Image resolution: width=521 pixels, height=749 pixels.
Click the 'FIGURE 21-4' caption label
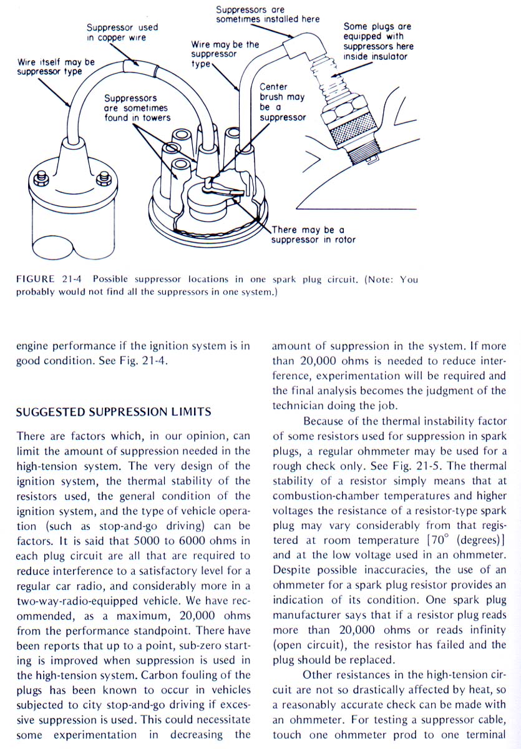[x=46, y=279]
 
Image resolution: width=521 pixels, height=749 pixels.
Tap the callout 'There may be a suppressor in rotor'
[x=313, y=235]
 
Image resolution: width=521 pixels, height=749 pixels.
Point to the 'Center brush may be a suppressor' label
[x=282, y=102]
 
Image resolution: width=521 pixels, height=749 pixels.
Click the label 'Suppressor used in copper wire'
[x=122, y=32]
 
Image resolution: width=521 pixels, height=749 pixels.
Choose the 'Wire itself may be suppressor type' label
[x=56, y=67]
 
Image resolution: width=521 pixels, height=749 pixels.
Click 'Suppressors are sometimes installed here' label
[x=268, y=14]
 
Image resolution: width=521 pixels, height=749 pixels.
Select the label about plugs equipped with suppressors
[x=378, y=42]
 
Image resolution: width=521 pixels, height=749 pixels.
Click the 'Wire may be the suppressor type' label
[x=225, y=54]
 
